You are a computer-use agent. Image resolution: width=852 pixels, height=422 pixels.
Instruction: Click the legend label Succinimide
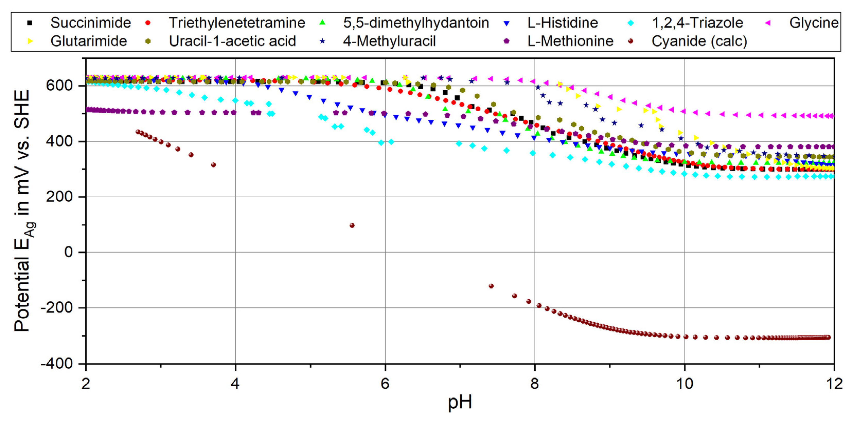91,23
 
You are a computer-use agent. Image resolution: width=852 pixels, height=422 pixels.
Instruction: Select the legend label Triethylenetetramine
237,23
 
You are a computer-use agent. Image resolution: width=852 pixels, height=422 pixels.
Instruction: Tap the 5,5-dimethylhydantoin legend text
416,23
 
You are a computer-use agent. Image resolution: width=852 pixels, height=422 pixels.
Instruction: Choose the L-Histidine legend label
563,23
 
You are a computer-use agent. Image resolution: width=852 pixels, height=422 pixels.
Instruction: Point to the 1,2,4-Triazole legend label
697,23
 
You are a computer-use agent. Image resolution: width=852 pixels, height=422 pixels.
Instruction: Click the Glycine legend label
814,23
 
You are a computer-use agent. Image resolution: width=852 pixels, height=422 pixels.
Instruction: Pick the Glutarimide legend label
89,41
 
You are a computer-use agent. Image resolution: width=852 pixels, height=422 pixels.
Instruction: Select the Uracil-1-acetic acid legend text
232,41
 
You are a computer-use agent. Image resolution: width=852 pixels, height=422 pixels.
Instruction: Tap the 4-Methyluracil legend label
389,41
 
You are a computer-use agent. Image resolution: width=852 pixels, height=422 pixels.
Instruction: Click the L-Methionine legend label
570,41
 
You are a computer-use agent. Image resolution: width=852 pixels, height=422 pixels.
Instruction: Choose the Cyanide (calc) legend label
699,41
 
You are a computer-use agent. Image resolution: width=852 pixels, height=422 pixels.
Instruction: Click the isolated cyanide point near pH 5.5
352,225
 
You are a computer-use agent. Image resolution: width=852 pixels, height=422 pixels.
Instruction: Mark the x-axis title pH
460,402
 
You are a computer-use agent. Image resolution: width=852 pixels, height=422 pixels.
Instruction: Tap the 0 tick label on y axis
68,252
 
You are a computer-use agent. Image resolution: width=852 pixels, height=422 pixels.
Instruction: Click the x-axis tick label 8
535,384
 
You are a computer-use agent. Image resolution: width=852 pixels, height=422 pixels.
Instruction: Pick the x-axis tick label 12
834,384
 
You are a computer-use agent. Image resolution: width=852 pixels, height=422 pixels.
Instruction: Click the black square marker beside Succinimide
30,23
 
